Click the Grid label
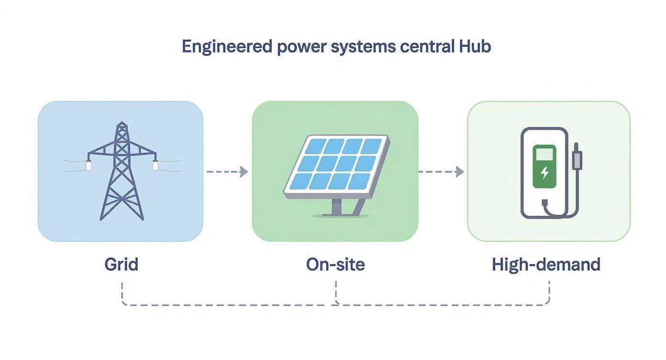point(121,264)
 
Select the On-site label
point(335,264)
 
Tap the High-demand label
point(546,264)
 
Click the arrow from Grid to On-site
point(228,171)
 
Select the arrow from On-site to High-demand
point(441,171)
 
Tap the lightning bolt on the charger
point(544,173)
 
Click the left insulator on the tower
point(89,165)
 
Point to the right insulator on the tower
point(155,165)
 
